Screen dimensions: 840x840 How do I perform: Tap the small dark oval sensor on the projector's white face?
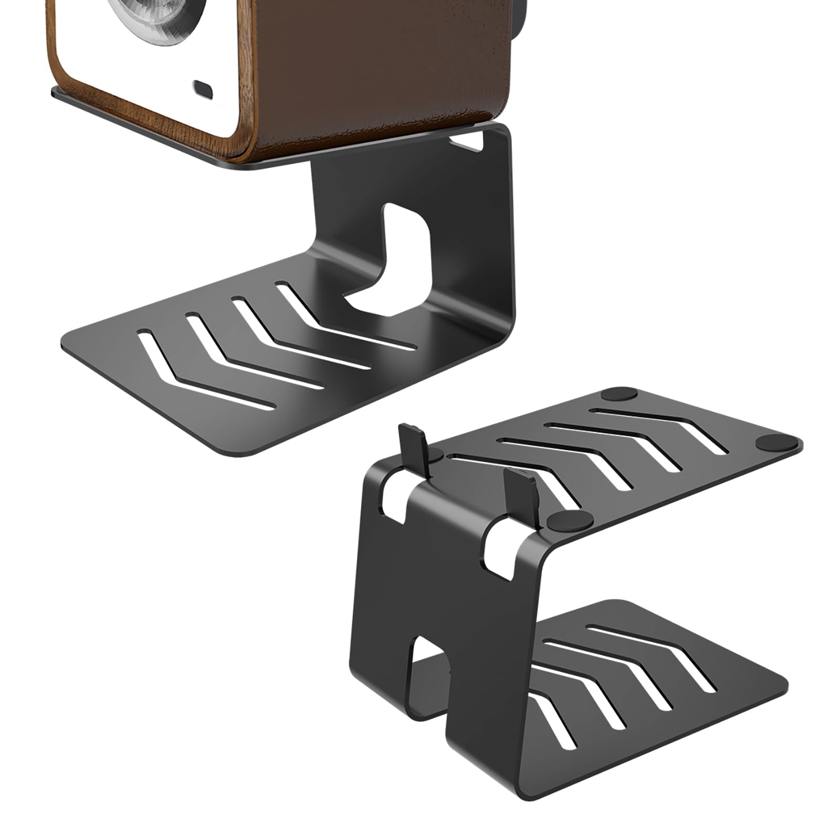(203, 88)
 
